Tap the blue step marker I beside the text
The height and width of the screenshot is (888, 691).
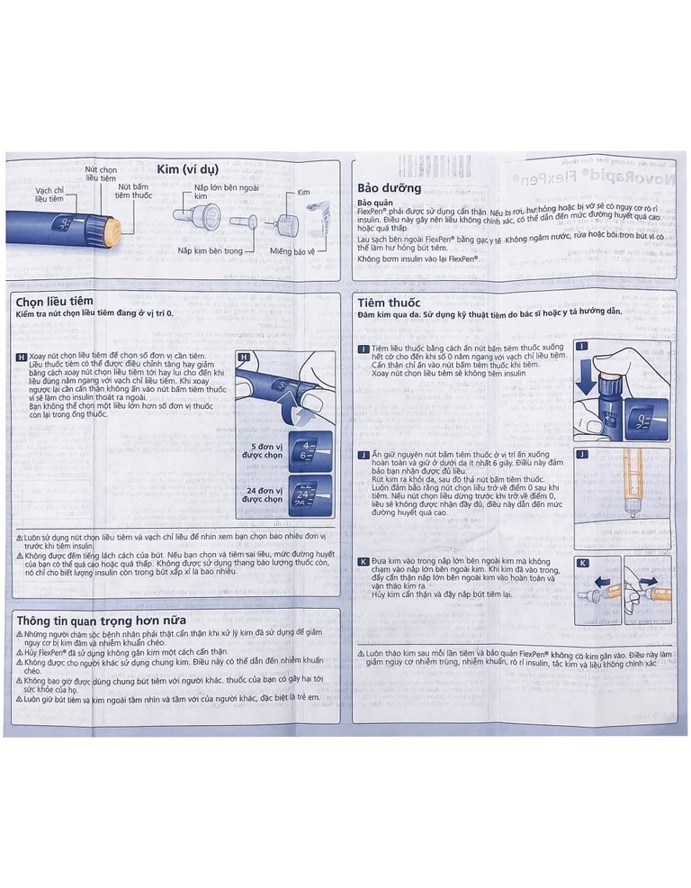click(x=363, y=348)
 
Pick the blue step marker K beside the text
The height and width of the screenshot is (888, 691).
click(x=363, y=561)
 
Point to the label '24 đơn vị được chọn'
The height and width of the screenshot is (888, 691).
click(x=263, y=494)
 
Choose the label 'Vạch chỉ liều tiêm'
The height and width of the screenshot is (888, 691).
click(x=49, y=195)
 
